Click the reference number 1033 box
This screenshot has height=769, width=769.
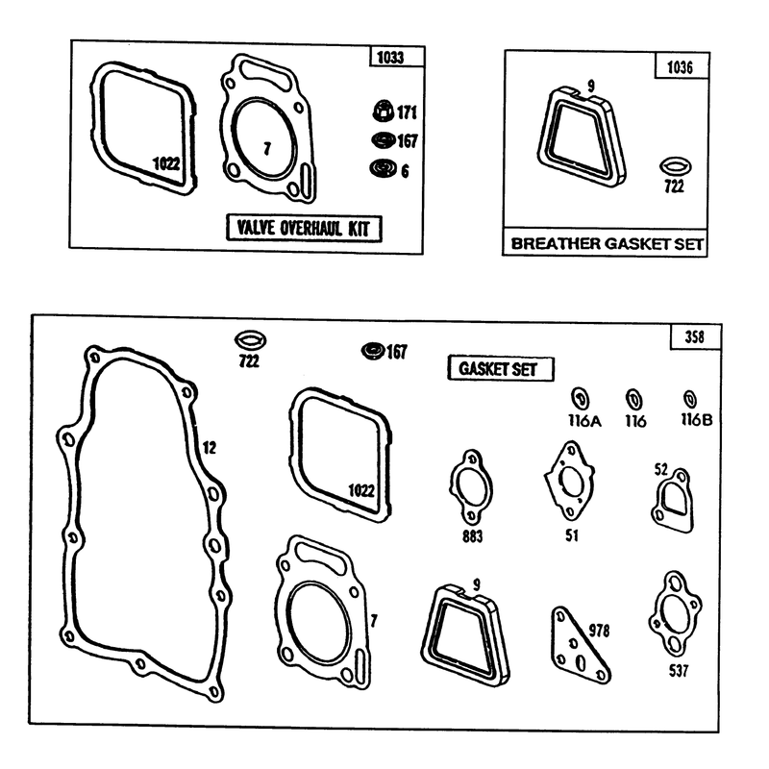(397, 57)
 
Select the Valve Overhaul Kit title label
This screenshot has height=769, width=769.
(304, 228)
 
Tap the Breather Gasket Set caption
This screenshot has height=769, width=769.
(607, 243)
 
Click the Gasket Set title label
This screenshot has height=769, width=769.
(501, 369)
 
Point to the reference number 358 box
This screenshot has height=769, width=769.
(695, 337)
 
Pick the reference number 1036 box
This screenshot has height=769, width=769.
(682, 66)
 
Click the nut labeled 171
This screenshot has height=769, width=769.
(383, 111)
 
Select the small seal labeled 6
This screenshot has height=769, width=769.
(383, 168)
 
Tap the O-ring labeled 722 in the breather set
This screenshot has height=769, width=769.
(676, 166)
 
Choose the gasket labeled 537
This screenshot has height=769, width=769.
(676, 613)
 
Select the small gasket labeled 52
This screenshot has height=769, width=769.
(673, 501)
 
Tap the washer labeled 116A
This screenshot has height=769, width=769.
(581, 399)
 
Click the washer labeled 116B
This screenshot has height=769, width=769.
(690, 399)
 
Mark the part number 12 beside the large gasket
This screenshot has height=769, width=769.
(210, 447)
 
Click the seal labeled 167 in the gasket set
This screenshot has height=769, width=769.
(373, 351)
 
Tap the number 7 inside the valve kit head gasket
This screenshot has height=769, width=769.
(267, 148)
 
